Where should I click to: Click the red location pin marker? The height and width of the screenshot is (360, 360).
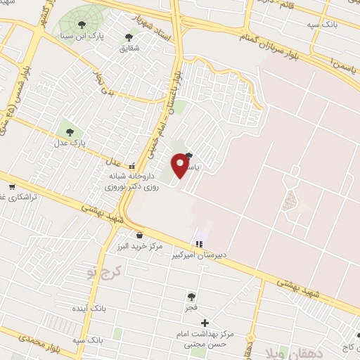click(181, 165)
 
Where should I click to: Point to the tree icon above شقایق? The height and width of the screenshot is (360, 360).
click(128, 37)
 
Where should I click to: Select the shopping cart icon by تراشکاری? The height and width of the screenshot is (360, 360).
click(12, 188)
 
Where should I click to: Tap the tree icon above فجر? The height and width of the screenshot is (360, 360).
click(191, 297)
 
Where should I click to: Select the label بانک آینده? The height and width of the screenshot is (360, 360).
click(89, 309)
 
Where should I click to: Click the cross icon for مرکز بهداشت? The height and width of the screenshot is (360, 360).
click(205, 323)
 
